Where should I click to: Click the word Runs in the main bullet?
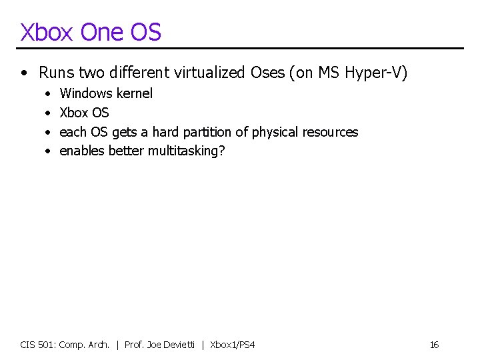[55, 72]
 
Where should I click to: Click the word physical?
[275, 132]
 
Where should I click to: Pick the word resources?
[330, 132]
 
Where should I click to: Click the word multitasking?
[187, 151]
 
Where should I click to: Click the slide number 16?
[434, 345]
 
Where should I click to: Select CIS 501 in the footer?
[38, 345]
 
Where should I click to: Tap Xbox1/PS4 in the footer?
[233, 345]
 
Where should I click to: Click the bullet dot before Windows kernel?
[47, 94]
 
